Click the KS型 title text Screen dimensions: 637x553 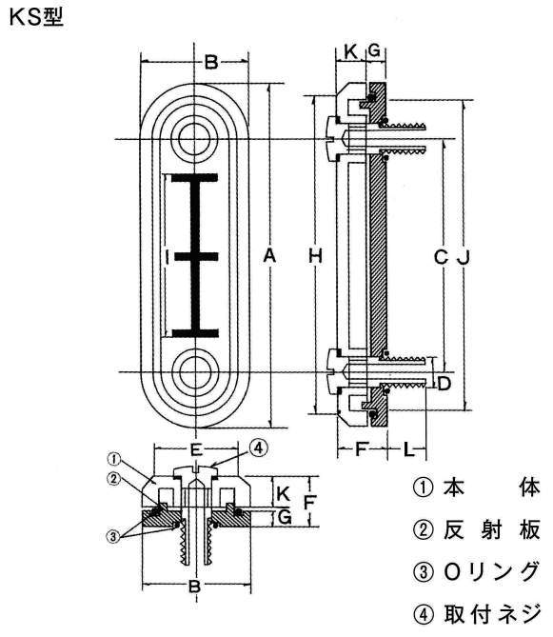(35, 16)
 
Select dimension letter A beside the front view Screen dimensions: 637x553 (269, 256)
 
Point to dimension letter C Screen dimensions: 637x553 (440, 257)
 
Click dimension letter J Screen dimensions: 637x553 (464, 257)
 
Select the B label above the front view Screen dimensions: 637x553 (211, 64)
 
